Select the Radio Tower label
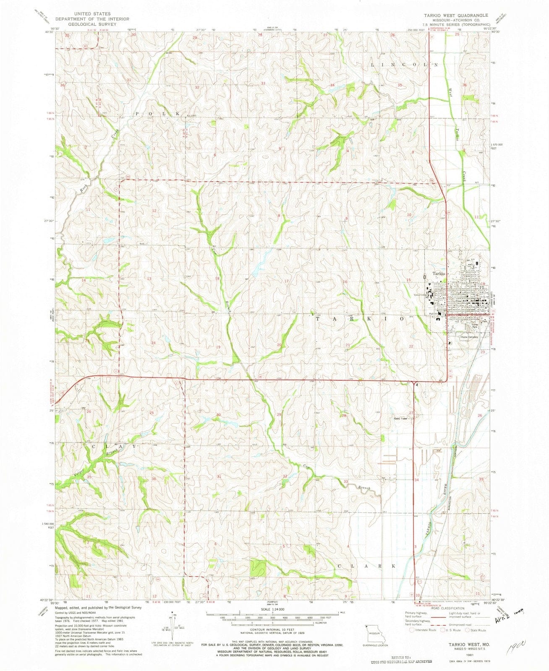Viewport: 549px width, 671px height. (401, 419)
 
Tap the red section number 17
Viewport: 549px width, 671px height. (286, 281)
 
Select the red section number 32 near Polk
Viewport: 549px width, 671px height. (196, 87)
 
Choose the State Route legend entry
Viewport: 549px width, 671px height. (477, 630)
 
